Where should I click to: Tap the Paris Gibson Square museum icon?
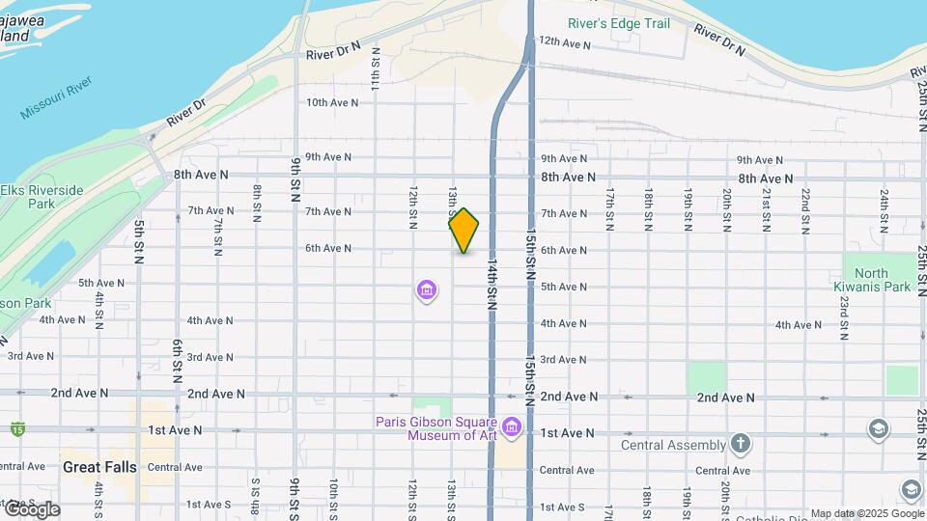click(x=512, y=426)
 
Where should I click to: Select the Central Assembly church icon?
click(x=741, y=444)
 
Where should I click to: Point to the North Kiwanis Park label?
click(x=872, y=280)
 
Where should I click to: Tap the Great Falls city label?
click(x=99, y=467)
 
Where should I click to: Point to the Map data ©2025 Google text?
click(x=866, y=513)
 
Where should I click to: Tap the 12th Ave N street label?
click(x=564, y=43)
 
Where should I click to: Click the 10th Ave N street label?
click(x=331, y=102)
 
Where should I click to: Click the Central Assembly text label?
click(x=673, y=445)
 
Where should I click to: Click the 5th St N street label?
click(x=139, y=241)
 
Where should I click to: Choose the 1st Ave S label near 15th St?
click(x=562, y=507)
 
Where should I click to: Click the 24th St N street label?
click(x=884, y=206)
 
